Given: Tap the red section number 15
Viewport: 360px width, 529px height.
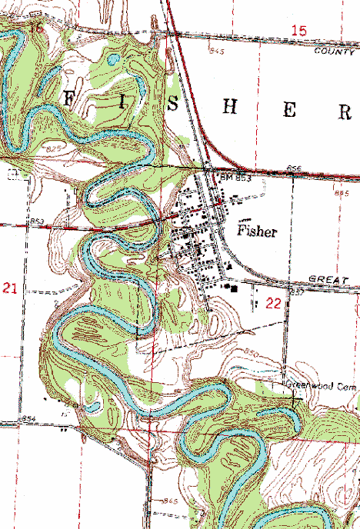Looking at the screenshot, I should (298, 30).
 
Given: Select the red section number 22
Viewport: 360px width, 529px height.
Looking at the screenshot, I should (273, 303).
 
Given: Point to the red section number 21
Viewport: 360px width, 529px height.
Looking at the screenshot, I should (10, 288).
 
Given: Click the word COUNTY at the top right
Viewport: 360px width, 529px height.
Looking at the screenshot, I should (332, 50).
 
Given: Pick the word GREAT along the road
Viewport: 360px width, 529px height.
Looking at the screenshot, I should (324, 278).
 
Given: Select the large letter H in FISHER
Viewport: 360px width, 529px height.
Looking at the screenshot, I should (228, 108).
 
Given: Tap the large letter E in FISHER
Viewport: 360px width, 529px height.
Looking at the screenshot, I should (289, 110).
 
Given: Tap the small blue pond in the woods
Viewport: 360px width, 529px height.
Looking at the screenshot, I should (114, 58).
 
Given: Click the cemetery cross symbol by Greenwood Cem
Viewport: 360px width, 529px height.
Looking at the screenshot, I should (294, 399).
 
